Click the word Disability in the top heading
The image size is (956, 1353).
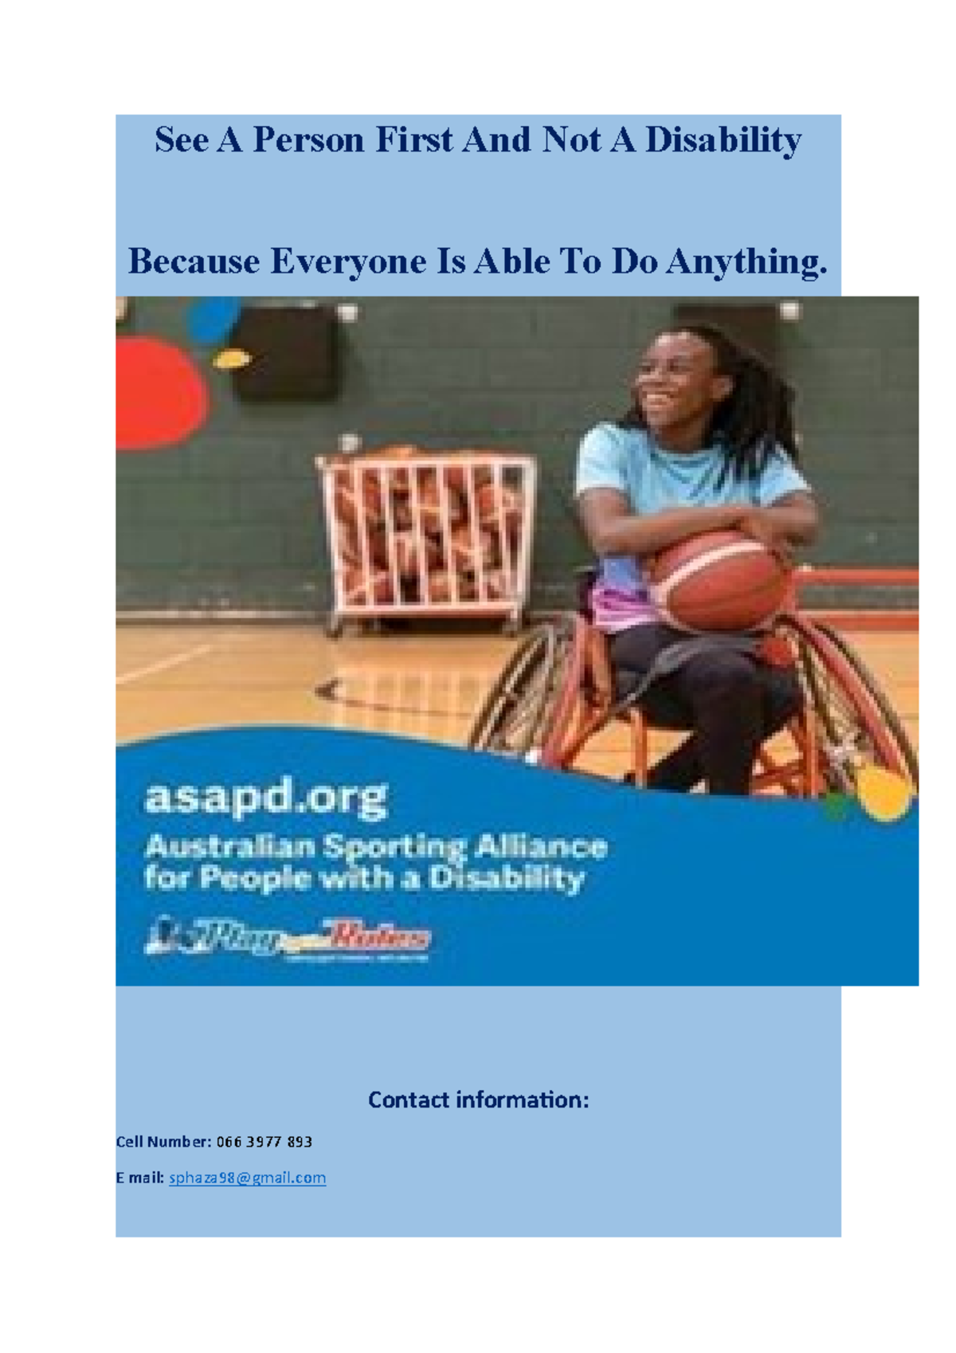(x=723, y=141)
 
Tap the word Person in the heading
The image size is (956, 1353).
(x=308, y=141)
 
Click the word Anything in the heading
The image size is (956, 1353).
(x=746, y=262)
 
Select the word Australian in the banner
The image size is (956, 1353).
(x=229, y=846)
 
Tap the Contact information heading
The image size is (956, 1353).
(x=478, y=1100)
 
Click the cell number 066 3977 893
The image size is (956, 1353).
(x=264, y=1142)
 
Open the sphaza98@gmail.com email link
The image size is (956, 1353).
(x=247, y=1178)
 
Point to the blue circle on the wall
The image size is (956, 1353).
(x=212, y=319)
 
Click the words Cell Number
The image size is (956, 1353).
(x=163, y=1142)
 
